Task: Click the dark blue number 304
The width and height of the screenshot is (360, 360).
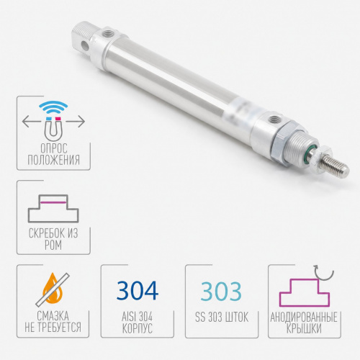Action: point(138,290)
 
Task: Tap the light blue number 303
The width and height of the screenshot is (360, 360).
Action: point(221,291)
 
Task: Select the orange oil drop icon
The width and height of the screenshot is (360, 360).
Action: point(53,289)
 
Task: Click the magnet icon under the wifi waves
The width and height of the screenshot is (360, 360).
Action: point(53,129)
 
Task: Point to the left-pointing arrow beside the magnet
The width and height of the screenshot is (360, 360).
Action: point(31,122)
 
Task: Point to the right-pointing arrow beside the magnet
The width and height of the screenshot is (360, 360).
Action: point(76,122)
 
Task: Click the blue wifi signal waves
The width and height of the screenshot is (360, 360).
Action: point(53,107)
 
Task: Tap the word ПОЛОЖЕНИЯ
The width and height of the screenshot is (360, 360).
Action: point(53,160)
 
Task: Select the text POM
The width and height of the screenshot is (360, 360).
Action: point(53,245)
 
